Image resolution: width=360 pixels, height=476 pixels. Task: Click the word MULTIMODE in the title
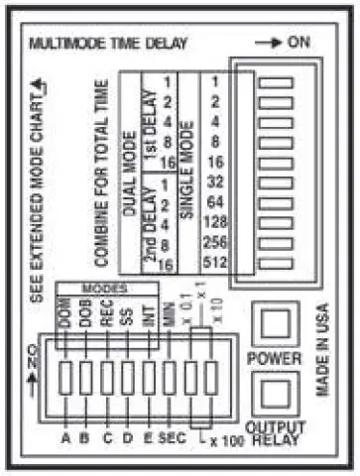72,44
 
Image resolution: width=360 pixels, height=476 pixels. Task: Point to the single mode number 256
221,242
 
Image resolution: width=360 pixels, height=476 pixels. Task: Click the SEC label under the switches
170,436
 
